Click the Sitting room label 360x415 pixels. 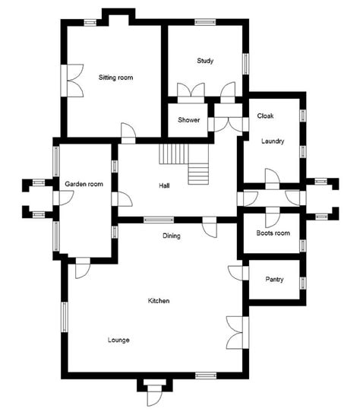tap(115, 78)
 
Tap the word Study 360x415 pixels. tap(205, 61)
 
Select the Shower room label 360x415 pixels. tap(188, 120)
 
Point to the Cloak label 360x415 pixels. tap(265, 116)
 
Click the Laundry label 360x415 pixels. tap(273, 141)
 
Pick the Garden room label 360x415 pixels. tap(84, 184)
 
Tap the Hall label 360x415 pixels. tap(164, 185)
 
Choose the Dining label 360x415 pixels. tap(172, 236)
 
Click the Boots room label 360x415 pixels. tap(273, 233)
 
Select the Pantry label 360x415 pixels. tap(274, 279)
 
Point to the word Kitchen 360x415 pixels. tap(159, 301)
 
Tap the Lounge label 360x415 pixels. tap(118, 340)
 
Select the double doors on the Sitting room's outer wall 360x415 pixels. tap(72, 81)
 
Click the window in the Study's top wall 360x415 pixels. tap(205, 22)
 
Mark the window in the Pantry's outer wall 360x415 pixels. tap(303, 283)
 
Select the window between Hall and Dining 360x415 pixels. tap(159, 220)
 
